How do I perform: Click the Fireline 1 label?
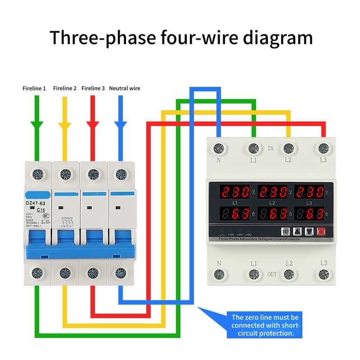(x=34, y=88)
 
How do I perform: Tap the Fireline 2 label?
(x=65, y=88)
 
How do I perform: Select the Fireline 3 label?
(x=93, y=88)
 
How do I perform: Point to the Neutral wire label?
(x=125, y=88)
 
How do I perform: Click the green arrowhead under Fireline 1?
(x=37, y=125)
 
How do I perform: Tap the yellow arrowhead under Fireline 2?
(x=65, y=125)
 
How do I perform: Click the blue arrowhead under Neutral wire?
(x=120, y=125)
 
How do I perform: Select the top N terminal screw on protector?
(x=219, y=148)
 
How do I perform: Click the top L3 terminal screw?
(x=323, y=148)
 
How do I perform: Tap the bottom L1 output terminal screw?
(x=253, y=274)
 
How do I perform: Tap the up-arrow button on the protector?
(x=297, y=231)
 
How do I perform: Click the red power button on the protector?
(x=321, y=231)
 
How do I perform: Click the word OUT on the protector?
(x=272, y=274)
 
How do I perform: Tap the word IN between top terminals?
(x=271, y=148)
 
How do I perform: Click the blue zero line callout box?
(x=265, y=325)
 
